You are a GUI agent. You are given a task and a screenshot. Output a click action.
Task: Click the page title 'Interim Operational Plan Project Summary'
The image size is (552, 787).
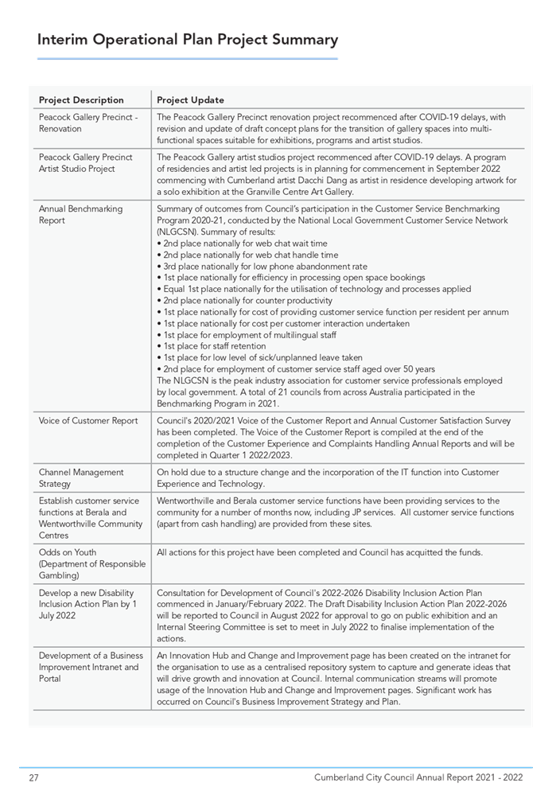tap(188, 40)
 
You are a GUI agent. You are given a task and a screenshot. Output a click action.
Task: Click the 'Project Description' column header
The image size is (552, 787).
tap(81, 100)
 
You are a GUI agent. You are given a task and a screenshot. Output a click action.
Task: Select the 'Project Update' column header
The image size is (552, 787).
tap(190, 100)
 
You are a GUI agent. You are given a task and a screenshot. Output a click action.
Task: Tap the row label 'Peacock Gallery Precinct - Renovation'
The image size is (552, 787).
tap(88, 123)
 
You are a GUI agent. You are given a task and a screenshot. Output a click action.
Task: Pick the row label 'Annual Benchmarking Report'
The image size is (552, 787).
tap(80, 214)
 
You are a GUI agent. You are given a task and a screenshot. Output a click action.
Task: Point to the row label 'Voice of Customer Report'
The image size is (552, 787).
tap(88, 421)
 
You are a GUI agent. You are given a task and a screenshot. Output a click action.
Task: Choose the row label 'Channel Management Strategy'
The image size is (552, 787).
tap(81, 477)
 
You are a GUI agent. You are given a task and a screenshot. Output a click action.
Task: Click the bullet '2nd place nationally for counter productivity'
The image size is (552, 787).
tap(247, 301)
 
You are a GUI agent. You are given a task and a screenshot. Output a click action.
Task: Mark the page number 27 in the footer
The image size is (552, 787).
tap(33, 777)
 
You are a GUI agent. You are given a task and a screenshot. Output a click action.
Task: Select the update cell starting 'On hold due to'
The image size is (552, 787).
tap(328, 477)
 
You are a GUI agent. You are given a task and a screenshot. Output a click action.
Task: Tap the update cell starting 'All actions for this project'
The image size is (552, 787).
tap(319, 553)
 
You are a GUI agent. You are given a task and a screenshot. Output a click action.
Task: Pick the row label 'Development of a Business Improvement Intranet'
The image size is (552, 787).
tap(88, 667)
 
